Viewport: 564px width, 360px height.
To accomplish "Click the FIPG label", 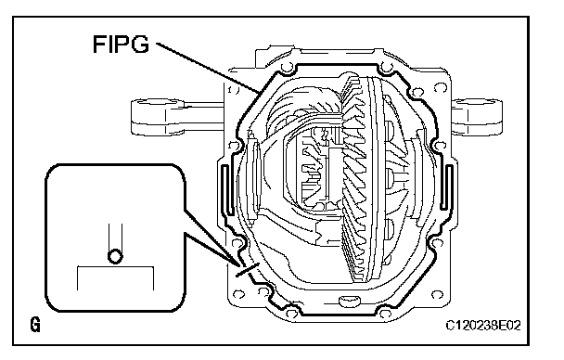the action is [x=121, y=45].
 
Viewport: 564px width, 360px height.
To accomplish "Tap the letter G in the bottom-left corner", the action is [x=35, y=325].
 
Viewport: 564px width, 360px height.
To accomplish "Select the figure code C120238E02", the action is [x=483, y=326].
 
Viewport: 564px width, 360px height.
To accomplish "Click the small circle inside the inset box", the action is [x=115, y=257].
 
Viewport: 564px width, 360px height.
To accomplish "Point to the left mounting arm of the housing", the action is [x=176, y=117].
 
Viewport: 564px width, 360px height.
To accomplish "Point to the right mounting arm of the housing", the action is [x=477, y=116].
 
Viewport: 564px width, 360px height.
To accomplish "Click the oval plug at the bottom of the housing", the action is [x=350, y=301].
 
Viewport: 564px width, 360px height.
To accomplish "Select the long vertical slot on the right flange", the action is [x=446, y=187].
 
